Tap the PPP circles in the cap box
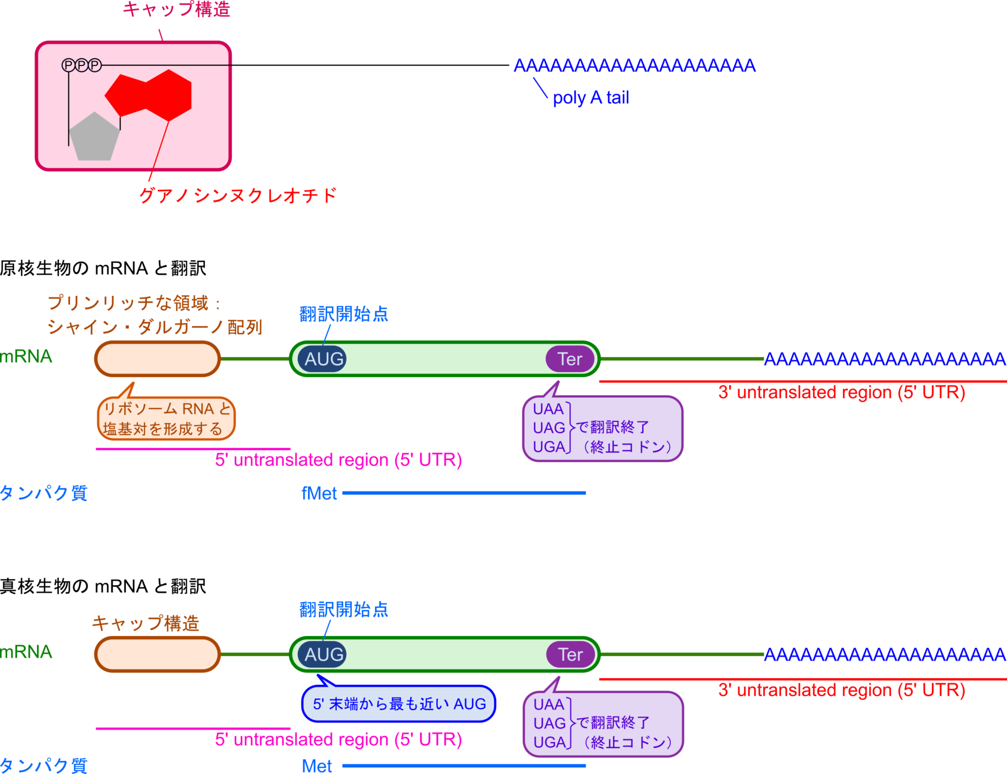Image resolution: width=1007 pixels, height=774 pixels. [x=81, y=65]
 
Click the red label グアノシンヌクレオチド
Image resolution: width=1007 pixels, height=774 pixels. [x=238, y=195]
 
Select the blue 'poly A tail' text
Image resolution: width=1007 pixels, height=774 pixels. [x=591, y=98]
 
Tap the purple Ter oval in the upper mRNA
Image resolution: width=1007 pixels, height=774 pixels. [x=570, y=359]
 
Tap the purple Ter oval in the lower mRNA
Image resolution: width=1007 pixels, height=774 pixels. [x=570, y=654]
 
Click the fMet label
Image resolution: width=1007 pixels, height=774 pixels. [x=319, y=493]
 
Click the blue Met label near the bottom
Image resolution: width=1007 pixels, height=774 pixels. [x=317, y=766]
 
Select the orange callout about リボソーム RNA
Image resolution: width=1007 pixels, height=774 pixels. [x=166, y=419]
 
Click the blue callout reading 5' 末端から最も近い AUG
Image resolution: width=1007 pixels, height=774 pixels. [x=399, y=704]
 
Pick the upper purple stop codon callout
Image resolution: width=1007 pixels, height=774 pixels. [x=603, y=428]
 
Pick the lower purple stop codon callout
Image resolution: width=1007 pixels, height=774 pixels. [x=603, y=724]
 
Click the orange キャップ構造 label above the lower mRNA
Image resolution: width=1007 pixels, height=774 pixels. [x=146, y=623]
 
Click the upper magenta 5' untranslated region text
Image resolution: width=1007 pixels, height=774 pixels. [x=338, y=460]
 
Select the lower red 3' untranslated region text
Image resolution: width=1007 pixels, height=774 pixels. [x=841, y=690]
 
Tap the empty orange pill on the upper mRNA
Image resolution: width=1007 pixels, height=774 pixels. [x=157, y=359]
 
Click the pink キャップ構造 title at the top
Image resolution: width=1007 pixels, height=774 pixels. [x=177, y=9]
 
